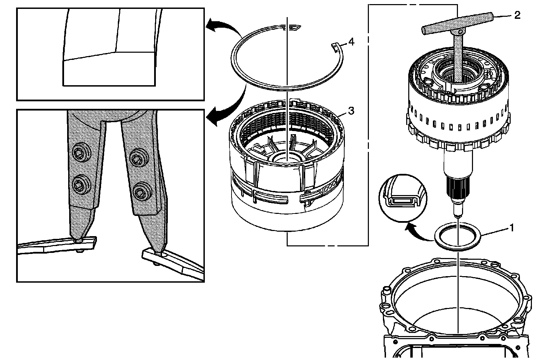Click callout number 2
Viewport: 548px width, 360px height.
click(x=517, y=15)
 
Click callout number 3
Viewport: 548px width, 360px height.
click(x=351, y=111)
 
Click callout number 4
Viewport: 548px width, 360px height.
click(x=351, y=42)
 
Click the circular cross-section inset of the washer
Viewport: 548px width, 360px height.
click(x=403, y=198)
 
